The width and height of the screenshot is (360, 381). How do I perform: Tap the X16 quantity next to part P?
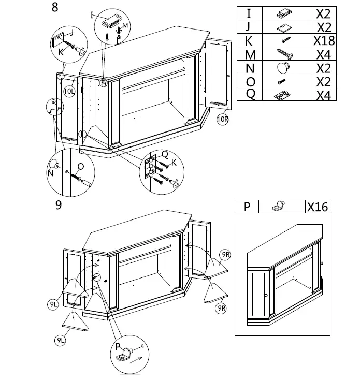[317, 207]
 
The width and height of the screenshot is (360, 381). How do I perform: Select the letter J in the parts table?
[250, 27]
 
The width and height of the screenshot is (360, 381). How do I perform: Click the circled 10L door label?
[69, 91]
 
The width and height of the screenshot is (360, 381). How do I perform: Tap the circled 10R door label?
[223, 118]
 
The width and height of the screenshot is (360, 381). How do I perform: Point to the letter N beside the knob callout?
[50, 173]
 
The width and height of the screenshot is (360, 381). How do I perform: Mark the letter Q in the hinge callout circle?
[165, 154]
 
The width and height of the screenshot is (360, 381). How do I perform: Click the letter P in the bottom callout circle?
[119, 346]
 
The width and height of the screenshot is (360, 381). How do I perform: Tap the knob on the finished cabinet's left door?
[266, 295]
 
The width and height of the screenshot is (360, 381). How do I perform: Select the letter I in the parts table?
[250, 13]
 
